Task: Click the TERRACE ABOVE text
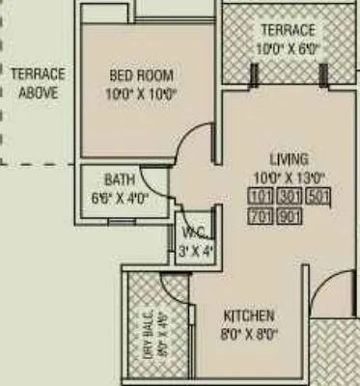38,83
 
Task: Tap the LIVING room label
289,159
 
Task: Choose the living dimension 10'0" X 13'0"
289,177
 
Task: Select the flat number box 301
291,199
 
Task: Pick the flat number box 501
319,199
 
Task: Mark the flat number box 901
291,216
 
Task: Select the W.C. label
191,234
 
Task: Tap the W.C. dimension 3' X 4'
197,251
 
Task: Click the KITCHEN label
249,317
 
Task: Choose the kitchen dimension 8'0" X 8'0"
249,335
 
